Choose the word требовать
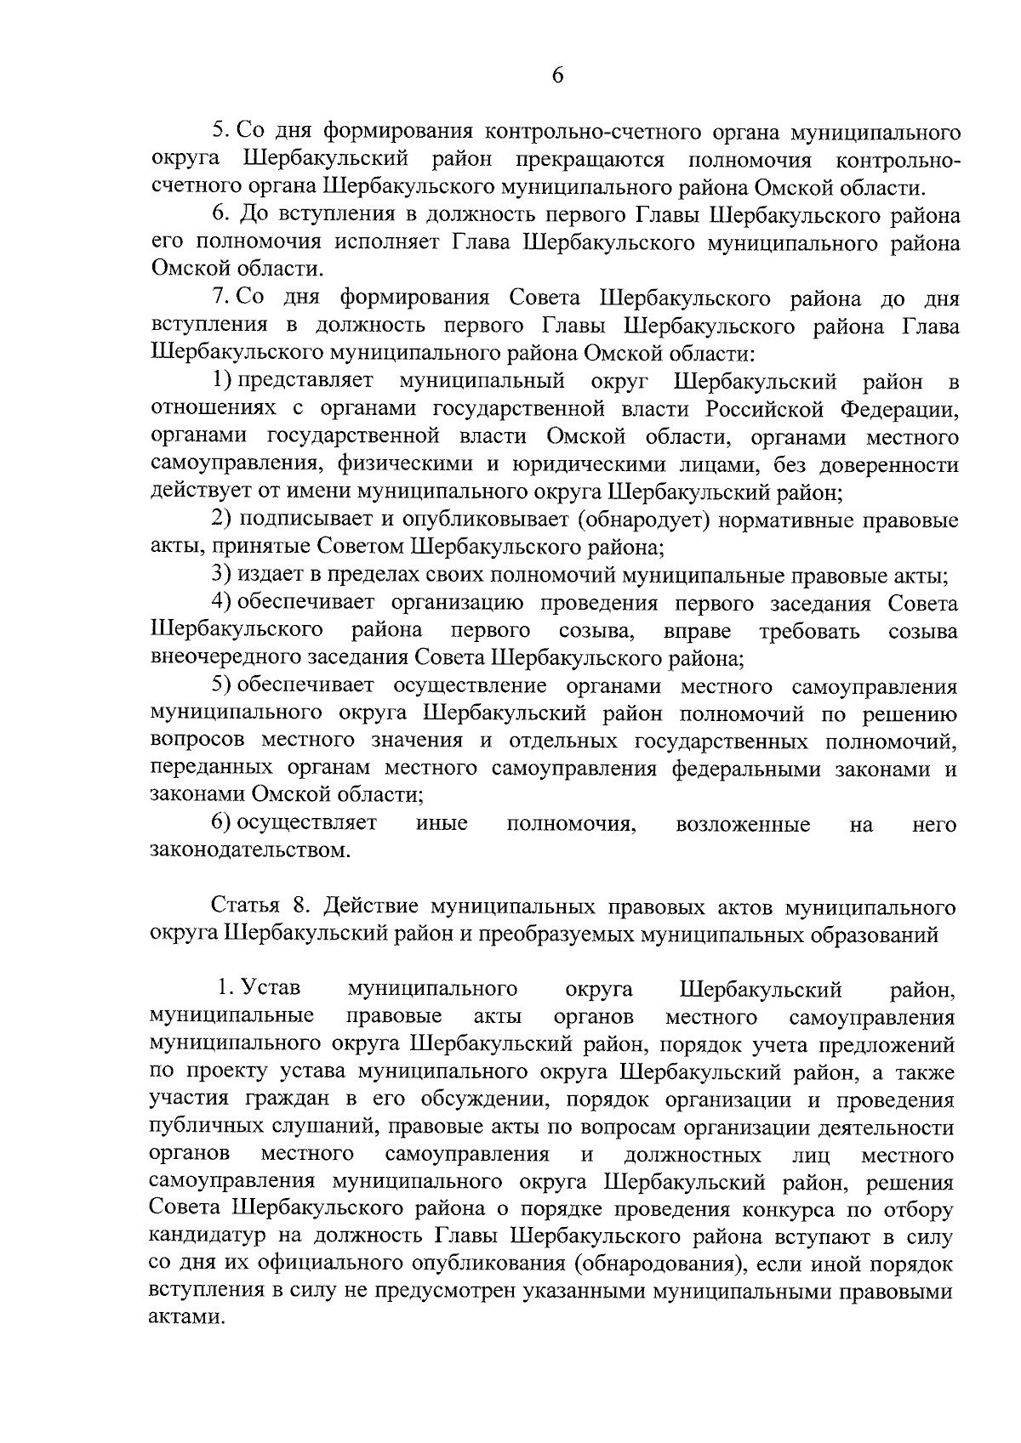(x=809, y=631)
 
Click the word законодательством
(x=250, y=850)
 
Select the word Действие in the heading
(x=372, y=907)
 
